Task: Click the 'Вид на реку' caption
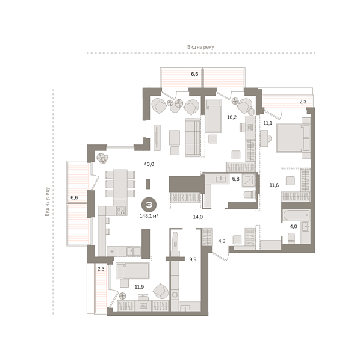[200, 46]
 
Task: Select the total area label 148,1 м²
[148, 215]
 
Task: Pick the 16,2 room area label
[231, 117]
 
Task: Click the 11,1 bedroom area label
[268, 123]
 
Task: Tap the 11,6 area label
[274, 185]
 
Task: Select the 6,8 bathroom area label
[236, 179]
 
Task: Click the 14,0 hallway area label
[197, 217]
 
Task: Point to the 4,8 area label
[221, 242]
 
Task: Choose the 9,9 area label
[193, 259]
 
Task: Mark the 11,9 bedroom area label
[140, 287]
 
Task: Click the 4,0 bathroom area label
[294, 227]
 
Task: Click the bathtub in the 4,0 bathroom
[295, 215]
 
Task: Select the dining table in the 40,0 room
[120, 184]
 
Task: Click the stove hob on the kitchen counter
[120, 211]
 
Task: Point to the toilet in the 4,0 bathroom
[291, 238]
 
